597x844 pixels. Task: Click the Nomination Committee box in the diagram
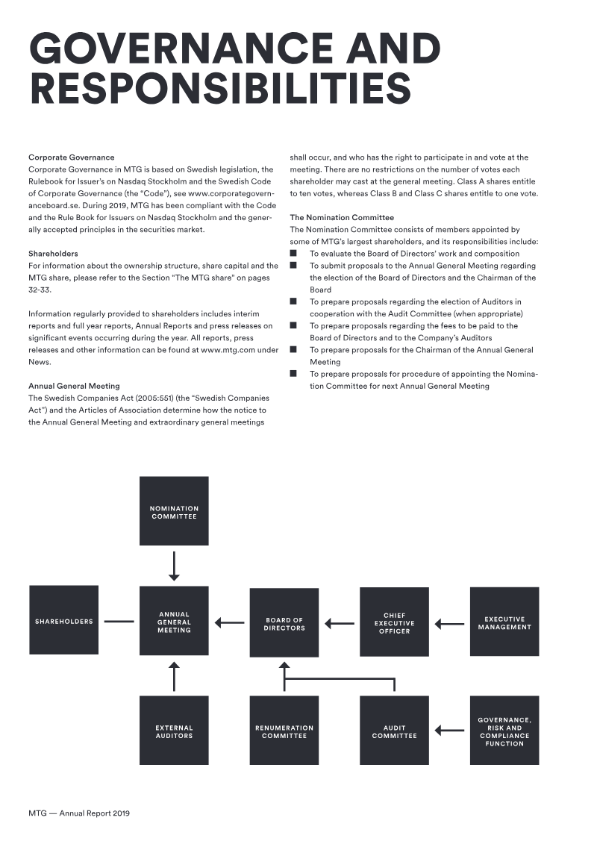click(x=174, y=511)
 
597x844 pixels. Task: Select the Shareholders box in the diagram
click(x=64, y=620)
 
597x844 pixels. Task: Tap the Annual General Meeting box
click(x=174, y=621)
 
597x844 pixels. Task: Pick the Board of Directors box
click(x=284, y=623)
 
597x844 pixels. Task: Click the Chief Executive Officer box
click(x=395, y=622)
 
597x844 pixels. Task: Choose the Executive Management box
click(x=504, y=622)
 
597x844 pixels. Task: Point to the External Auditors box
click(x=174, y=731)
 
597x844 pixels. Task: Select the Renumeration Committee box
click(x=284, y=731)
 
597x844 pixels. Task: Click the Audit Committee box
click(x=395, y=731)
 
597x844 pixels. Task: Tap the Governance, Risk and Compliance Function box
click(x=504, y=731)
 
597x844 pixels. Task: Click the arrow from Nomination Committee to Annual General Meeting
click(x=174, y=566)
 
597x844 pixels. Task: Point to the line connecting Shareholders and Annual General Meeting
click(x=119, y=622)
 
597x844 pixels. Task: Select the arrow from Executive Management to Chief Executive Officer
click(x=449, y=625)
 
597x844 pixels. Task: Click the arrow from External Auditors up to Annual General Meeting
click(x=174, y=677)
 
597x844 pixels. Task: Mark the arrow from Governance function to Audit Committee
click(x=449, y=731)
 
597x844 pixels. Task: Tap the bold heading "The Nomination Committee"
click(x=342, y=217)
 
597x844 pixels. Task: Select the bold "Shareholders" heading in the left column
click(x=53, y=254)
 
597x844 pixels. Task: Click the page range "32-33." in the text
click(x=40, y=290)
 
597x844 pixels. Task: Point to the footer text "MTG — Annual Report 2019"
click(x=79, y=813)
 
